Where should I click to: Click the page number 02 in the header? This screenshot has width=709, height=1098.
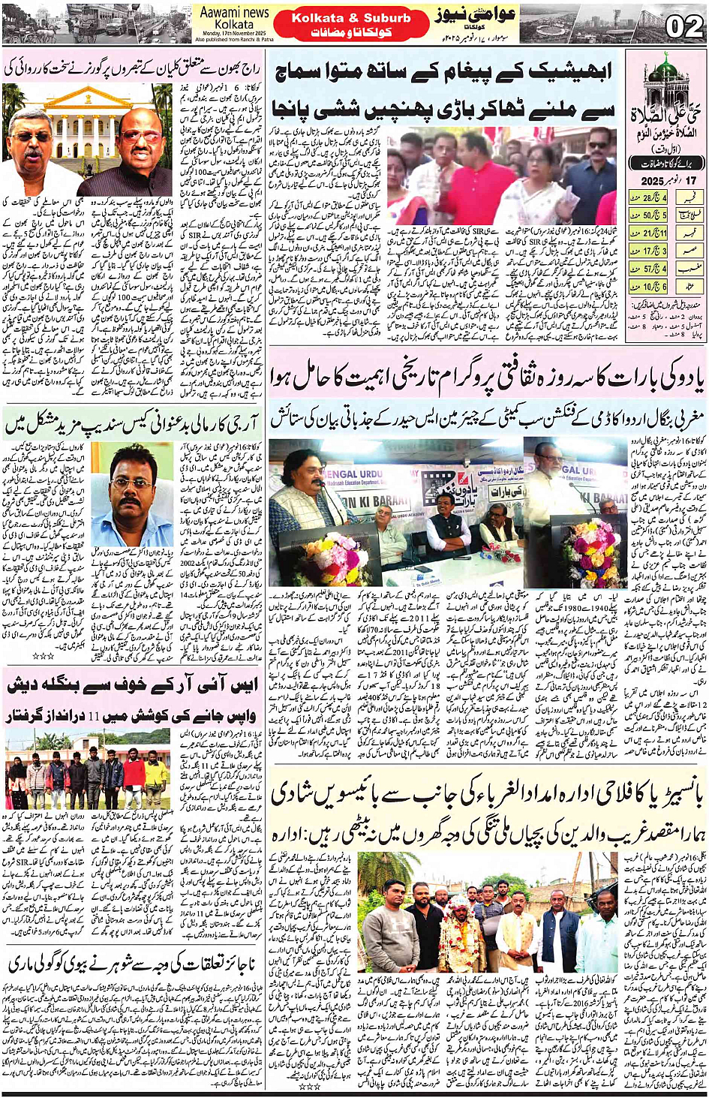tap(683, 27)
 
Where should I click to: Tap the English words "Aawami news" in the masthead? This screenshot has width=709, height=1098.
tap(234, 13)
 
